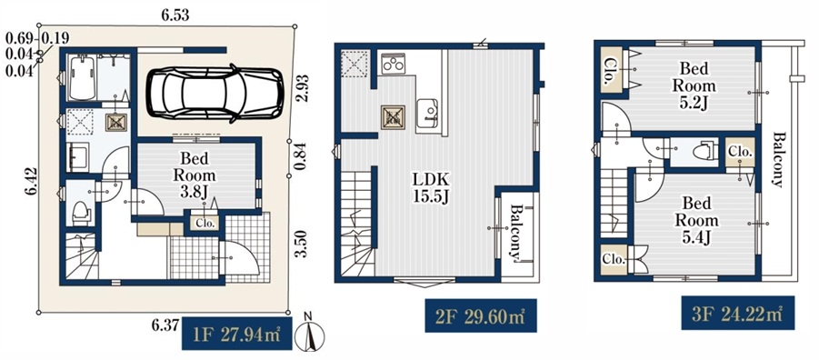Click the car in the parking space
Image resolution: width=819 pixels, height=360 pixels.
coord(215,94)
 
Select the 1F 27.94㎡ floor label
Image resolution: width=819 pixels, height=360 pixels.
coord(236,334)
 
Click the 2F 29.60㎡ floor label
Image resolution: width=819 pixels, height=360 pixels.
coord(481,315)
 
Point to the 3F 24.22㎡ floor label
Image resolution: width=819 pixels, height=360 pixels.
coord(737,313)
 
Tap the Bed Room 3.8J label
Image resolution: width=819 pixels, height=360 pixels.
coord(195,175)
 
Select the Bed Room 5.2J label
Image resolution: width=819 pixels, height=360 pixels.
coord(694,85)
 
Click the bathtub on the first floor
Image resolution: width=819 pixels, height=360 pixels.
coord(82,78)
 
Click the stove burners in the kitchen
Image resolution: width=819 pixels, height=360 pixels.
coord(392,65)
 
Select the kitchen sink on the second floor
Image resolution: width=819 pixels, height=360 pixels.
coord(428,113)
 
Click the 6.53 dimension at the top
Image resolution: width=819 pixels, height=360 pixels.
coord(175,16)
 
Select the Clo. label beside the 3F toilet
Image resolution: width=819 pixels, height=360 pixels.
coord(740,152)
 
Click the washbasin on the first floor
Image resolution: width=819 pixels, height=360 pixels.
coord(78,155)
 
